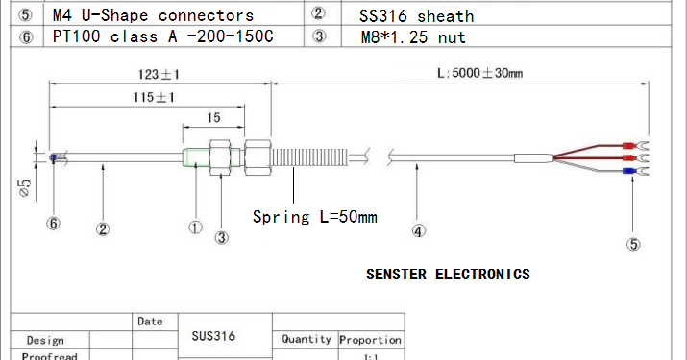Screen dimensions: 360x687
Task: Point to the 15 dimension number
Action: tap(214, 118)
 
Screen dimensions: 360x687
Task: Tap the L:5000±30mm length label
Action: tap(479, 74)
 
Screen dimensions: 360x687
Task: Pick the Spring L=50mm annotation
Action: tap(314, 216)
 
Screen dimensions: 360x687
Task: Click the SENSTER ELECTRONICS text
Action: tap(448, 274)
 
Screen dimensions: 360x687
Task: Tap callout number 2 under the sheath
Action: tap(103, 228)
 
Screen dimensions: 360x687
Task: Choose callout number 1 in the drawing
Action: tap(195, 228)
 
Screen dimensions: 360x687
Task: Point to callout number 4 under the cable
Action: tap(418, 230)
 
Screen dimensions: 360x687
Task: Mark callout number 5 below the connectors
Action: tap(633, 244)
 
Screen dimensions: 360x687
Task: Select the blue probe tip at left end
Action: tap(52, 156)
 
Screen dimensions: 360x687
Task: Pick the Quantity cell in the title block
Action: tap(307, 339)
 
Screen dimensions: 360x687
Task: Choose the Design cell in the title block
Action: tap(45, 340)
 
